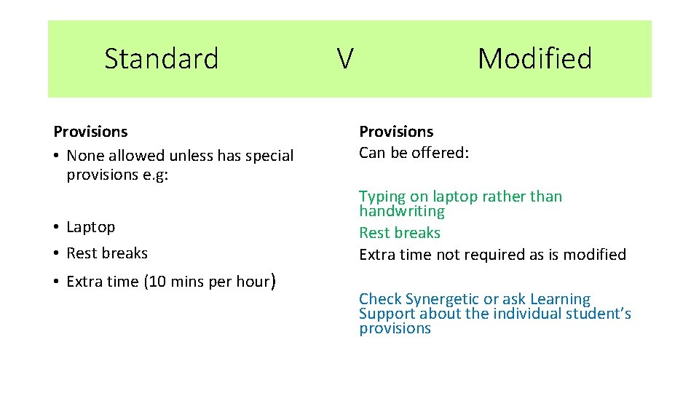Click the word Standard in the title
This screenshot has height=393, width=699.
(161, 58)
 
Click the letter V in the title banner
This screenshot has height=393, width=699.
(345, 58)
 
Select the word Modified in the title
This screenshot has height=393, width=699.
(534, 58)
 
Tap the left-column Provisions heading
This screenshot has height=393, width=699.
(90, 132)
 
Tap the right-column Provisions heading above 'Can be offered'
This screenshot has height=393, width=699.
(396, 132)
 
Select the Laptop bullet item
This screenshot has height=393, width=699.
(90, 227)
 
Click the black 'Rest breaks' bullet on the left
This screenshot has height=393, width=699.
(106, 253)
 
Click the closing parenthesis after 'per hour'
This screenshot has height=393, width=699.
(272, 281)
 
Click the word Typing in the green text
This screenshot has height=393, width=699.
(382, 196)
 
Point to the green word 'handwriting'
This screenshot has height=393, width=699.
(401, 211)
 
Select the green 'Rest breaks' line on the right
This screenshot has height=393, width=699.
(400, 233)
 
